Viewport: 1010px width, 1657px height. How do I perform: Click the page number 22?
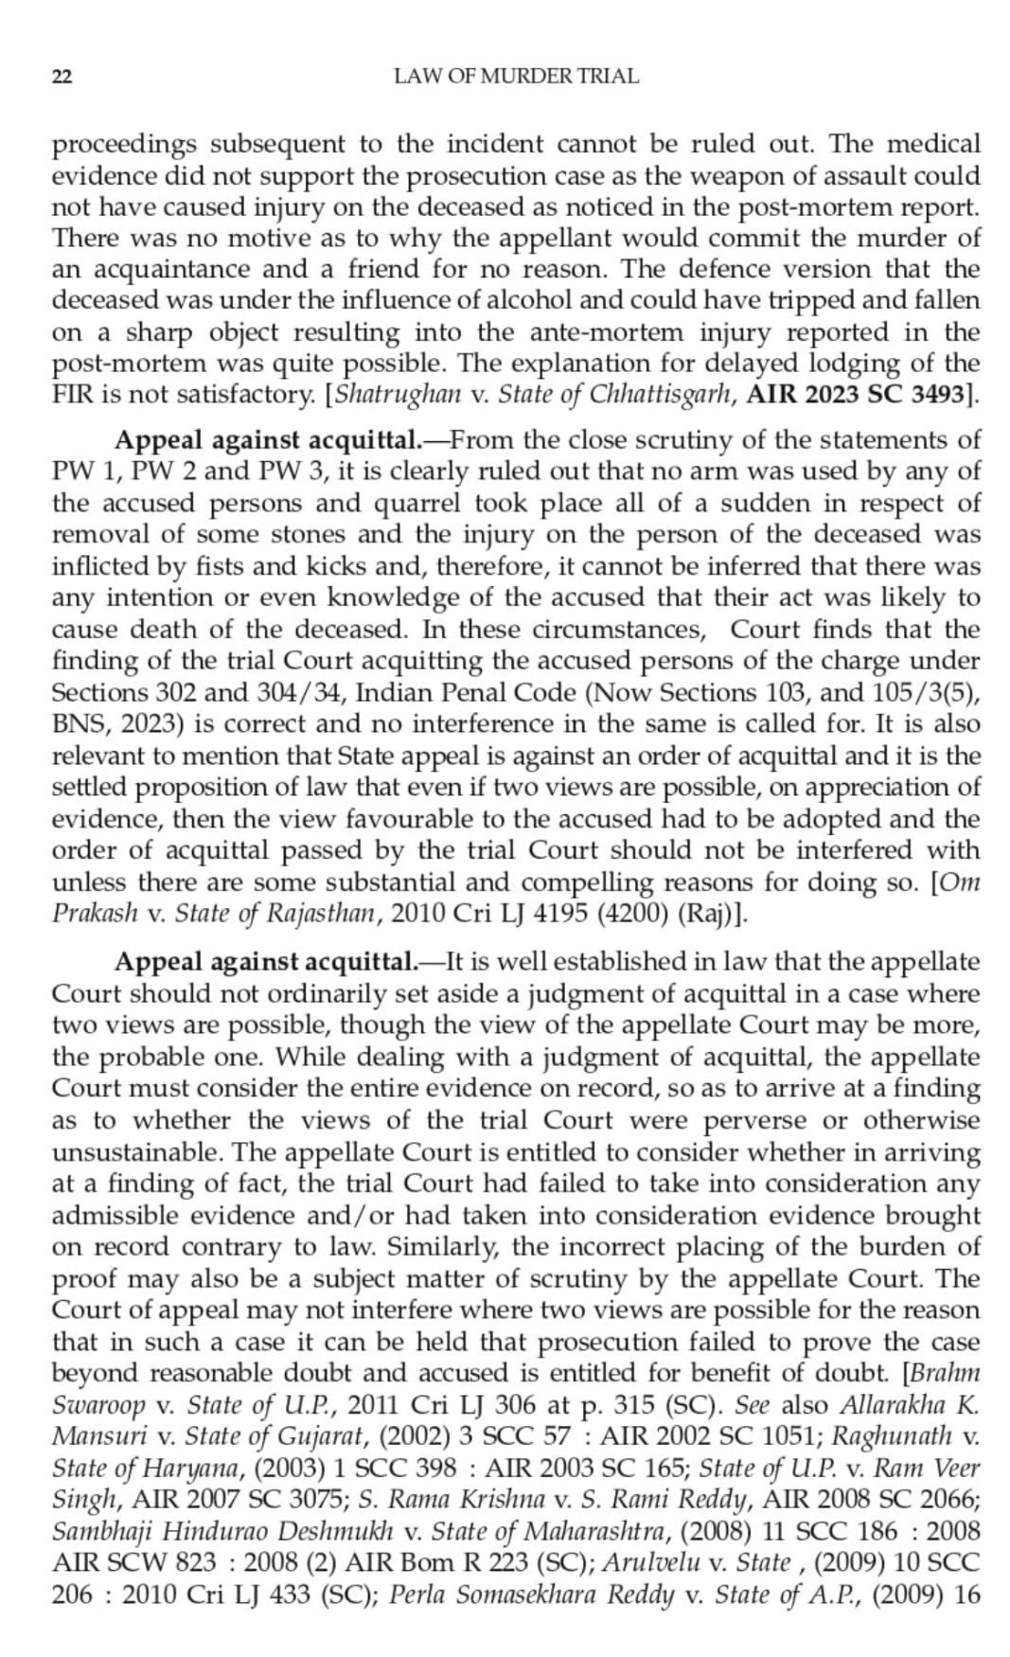pyautogui.click(x=61, y=78)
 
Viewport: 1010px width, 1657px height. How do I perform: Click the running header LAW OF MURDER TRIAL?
pyautogui.click(x=516, y=77)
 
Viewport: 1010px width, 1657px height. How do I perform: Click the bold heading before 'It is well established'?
pyautogui.click(x=265, y=963)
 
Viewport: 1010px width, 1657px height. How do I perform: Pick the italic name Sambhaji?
pyautogui.click(x=97, y=1531)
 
